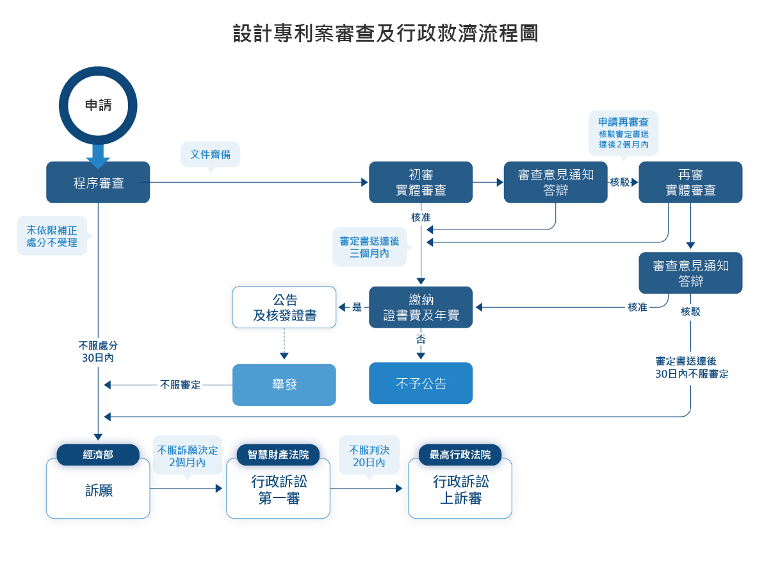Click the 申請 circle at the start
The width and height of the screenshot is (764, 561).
(x=98, y=106)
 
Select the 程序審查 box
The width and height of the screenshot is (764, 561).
(x=98, y=183)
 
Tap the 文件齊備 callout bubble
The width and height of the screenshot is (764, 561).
(x=211, y=155)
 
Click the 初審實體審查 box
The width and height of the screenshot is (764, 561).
(x=421, y=183)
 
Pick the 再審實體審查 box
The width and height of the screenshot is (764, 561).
(x=690, y=183)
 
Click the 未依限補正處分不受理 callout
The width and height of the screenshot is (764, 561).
(x=52, y=236)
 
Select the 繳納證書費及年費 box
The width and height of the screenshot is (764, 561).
(x=421, y=308)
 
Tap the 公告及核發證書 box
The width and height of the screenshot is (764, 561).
(x=284, y=308)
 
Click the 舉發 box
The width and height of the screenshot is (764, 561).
(x=284, y=385)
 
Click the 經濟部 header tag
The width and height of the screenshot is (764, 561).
(x=98, y=455)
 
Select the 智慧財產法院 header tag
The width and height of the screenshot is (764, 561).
(x=278, y=455)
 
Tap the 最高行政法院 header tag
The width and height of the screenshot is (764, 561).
(x=460, y=455)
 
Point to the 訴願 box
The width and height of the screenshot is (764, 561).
(x=98, y=491)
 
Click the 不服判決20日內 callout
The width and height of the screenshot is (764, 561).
(x=369, y=455)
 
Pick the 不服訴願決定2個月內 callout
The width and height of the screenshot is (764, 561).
(x=188, y=455)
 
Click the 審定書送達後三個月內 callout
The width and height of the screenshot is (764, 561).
(x=370, y=247)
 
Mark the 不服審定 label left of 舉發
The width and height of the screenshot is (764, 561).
(x=181, y=385)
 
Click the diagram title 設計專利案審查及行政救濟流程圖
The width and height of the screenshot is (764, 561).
(x=386, y=33)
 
